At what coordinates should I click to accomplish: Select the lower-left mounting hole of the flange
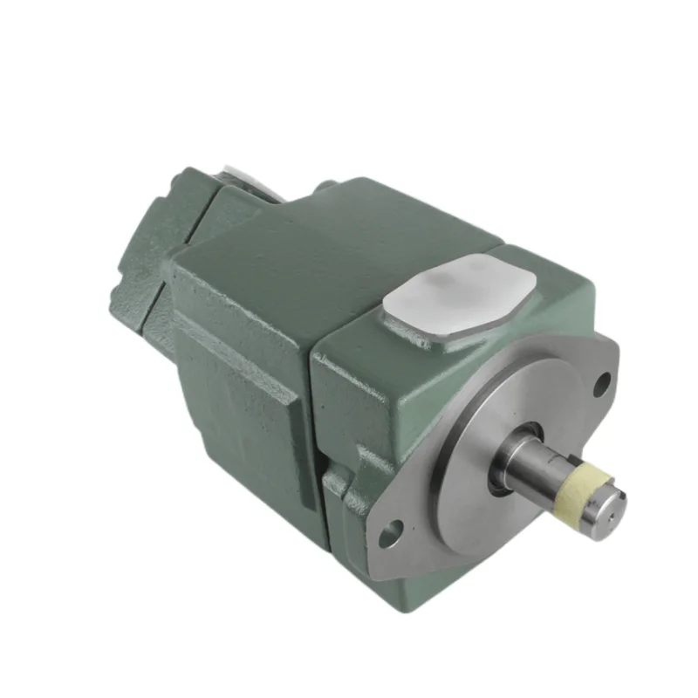click(389, 528)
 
